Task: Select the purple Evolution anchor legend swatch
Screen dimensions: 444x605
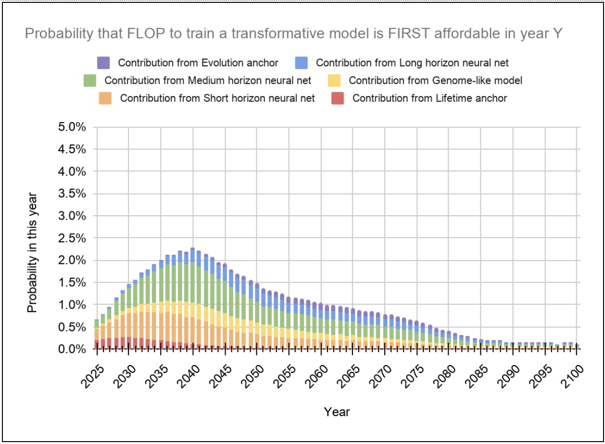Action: click(x=103, y=62)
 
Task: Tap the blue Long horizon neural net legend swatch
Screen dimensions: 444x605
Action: click(x=302, y=62)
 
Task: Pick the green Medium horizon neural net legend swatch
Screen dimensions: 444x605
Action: click(x=90, y=80)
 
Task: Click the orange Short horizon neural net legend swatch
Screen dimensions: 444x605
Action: click(x=105, y=98)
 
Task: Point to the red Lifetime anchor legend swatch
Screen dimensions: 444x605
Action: click(x=338, y=98)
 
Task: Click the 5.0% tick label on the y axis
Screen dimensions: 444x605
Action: click(x=73, y=127)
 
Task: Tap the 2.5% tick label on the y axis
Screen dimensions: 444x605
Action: click(x=73, y=238)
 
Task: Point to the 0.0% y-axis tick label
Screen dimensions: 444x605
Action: click(x=73, y=349)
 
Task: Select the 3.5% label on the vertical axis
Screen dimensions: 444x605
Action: click(x=73, y=194)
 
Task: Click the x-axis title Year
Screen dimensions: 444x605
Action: click(x=337, y=412)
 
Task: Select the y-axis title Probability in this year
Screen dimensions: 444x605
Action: click(x=32, y=253)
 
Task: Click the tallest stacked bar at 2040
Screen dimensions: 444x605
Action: click(x=192, y=298)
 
